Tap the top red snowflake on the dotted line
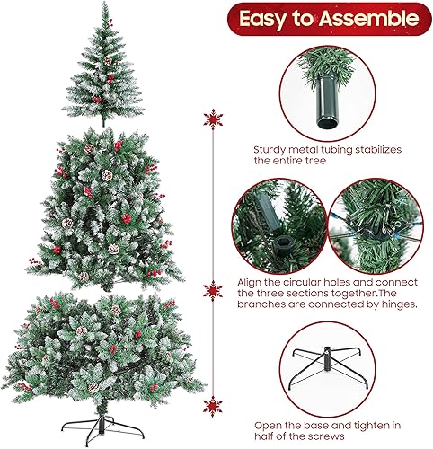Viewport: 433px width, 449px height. coord(213,119)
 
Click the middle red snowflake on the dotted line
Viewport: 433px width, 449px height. coord(213,290)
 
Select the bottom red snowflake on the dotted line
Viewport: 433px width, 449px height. coord(213,405)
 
